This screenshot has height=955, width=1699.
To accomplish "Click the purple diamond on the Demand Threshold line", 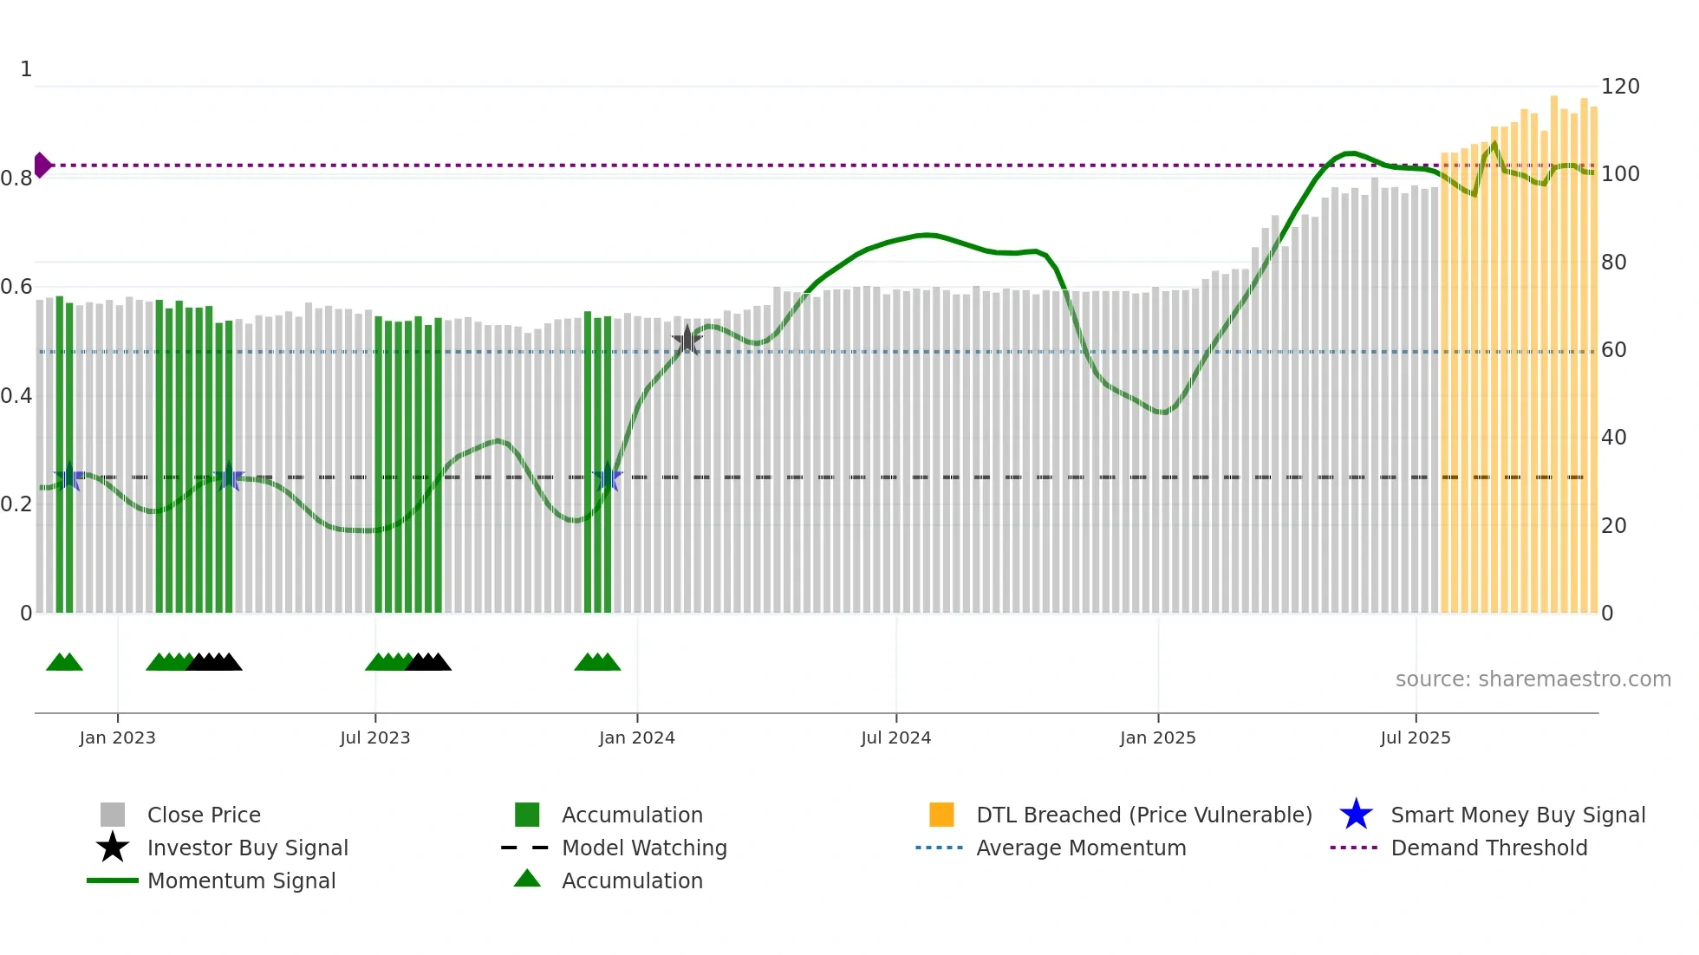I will pos(42,165).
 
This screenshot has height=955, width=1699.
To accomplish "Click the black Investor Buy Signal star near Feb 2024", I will pos(687,341).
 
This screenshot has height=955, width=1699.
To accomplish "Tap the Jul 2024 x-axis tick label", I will pos(895,737).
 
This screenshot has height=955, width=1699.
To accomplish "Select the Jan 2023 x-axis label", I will pos(117,737).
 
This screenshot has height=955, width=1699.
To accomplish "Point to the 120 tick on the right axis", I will pos(1619,87).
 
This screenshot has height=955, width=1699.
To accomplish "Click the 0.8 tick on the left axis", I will pos(16,179).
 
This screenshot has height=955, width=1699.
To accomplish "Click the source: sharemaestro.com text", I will pos(1533,679).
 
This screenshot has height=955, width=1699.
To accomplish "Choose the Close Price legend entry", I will pos(204,815).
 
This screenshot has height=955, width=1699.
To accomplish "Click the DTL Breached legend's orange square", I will pos(941,815).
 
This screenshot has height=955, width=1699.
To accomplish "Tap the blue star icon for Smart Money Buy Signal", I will pos(1356,815).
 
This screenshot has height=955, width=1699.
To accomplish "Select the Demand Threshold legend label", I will pos(1488,848).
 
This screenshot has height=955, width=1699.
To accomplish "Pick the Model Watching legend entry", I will pos(644,848).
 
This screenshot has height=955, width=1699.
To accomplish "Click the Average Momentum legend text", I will pos(1081,848).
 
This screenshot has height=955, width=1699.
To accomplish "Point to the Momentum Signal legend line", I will pos(113,880).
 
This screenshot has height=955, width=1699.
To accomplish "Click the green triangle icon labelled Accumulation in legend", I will pos(527,879).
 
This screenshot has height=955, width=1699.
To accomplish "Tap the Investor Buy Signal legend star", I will pos(113,848).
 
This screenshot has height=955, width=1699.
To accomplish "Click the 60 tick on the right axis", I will pos(1613,350).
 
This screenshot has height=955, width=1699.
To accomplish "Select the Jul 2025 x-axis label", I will pos(1415,737).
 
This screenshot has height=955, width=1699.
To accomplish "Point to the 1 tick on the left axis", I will pos(26,69).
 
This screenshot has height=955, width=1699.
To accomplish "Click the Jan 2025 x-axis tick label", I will pos(1157,737).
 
